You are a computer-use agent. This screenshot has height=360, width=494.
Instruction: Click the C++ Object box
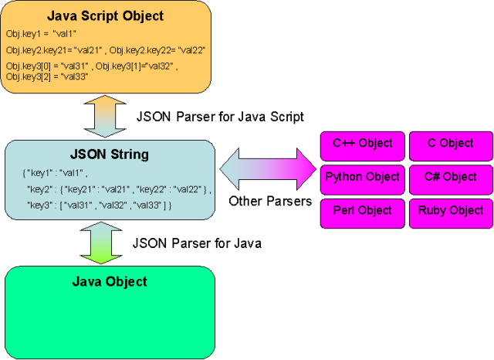tap(362, 144)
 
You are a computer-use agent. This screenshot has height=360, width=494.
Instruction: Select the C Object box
tap(451, 144)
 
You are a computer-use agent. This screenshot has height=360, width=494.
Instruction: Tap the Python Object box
tap(362, 178)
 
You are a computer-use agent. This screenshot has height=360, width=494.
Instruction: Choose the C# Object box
tap(451, 178)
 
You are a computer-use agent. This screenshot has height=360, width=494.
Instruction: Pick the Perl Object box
tap(362, 211)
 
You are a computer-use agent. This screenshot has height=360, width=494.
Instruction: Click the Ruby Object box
tap(451, 211)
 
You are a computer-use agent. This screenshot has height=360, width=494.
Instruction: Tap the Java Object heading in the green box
tap(110, 281)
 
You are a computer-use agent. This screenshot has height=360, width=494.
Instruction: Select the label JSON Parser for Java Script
tap(220, 117)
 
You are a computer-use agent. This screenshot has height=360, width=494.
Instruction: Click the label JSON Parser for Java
tap(198, 243)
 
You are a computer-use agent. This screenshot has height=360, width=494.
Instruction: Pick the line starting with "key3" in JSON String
tap(99, 205)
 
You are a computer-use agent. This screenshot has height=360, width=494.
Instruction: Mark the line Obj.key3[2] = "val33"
tap(47, 76)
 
